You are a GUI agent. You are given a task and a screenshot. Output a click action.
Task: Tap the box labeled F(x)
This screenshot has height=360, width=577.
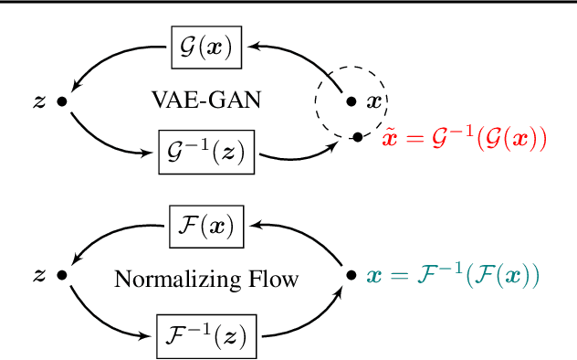coord(205,226)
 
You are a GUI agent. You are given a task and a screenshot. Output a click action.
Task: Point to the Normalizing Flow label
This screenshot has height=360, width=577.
coord(205,279)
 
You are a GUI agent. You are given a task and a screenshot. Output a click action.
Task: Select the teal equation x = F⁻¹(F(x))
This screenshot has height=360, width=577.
coord(454,274)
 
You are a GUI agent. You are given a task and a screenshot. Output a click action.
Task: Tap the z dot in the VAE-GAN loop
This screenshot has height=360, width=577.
coord(61,100)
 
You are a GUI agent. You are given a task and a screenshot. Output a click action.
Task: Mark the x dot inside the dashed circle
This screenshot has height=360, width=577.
coord(351,101)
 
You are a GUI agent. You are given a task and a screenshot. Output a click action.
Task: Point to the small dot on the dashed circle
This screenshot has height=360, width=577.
coord(356,138)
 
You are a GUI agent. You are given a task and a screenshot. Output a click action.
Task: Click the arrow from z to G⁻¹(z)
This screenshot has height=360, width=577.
coord(105,137)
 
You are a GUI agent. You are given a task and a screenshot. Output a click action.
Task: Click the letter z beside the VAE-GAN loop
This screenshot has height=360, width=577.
coord(38,100)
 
